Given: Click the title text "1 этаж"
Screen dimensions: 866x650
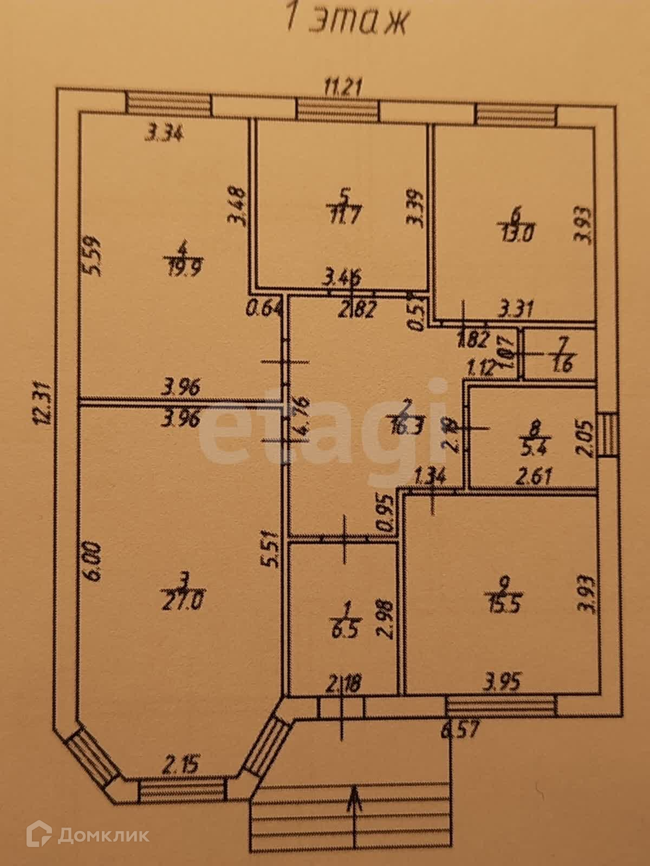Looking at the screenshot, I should [346, 22].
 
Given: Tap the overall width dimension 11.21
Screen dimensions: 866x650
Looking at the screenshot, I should [342, 86].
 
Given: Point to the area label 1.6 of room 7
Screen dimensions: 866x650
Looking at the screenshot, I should [563, 365].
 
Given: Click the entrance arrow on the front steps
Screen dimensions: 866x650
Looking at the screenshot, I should [354, 812].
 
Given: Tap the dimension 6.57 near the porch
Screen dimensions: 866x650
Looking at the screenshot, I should [460, 730].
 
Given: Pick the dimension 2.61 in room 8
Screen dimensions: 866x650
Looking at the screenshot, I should [534, 477].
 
